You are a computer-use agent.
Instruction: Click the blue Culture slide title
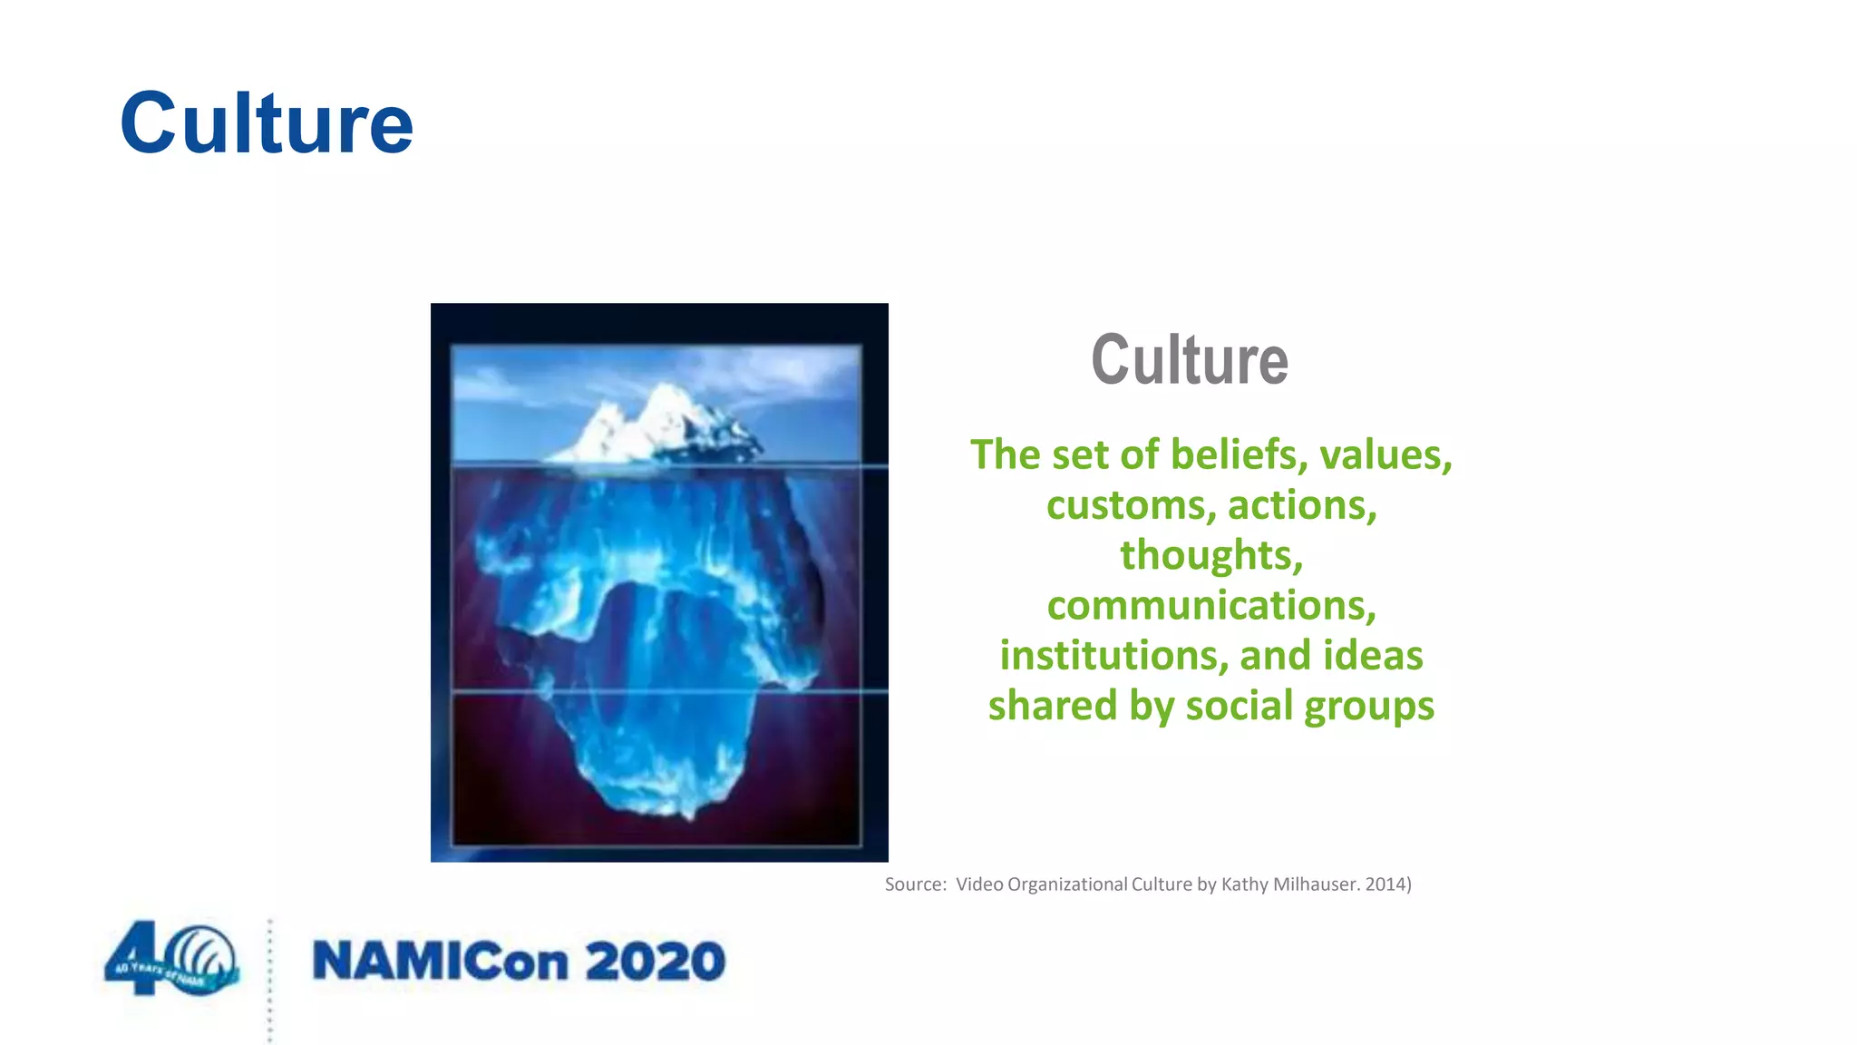pyautogui.click(x=266, y=123)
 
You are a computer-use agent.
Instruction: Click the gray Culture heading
pyautogui.click(x=1189, y=360)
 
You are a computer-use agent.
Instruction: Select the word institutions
pyautogui.click(x=1113, y=656)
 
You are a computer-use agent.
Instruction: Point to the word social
pyautogui.click(x=1240, y=706)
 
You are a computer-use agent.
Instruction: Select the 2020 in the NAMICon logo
pyautogui.click(x=655, y=962)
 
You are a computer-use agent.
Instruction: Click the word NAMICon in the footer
pyautogui.click(x=440, y=962)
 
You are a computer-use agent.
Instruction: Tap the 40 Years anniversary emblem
pyautogui.click(x=172, y=960)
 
